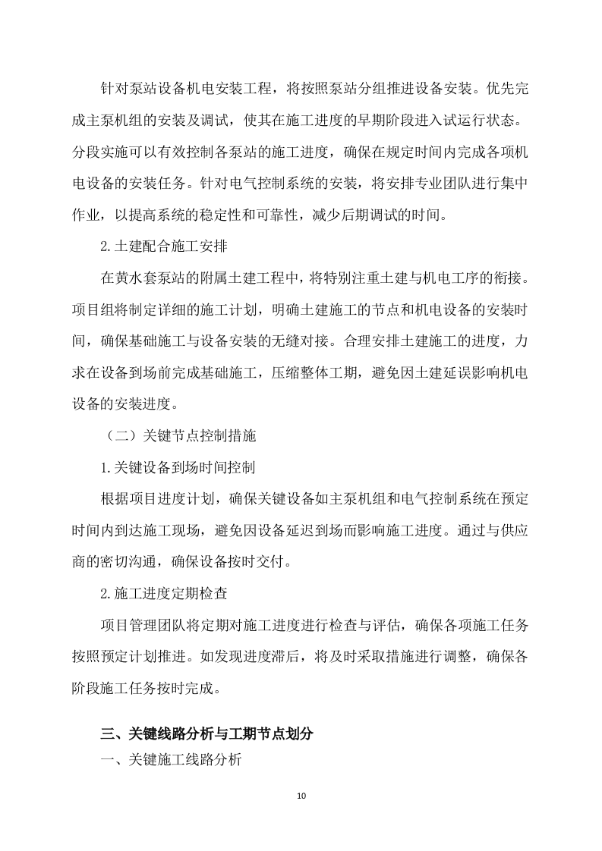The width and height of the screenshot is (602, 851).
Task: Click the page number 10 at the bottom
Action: [x=301, y=796]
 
